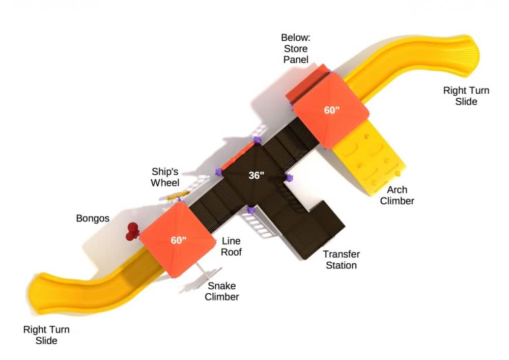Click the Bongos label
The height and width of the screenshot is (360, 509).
click(93, 218)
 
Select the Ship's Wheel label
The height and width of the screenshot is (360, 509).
click(165, 176)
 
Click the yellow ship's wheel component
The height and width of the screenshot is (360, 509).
click(179, 195)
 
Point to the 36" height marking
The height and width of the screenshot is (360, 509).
click(256, 176)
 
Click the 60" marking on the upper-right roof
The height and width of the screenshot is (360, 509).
click(332, 110)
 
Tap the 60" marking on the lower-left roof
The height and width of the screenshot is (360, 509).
click(179, 240)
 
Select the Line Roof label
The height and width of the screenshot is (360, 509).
click(231, 246)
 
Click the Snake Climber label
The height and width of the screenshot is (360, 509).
click(222, 291)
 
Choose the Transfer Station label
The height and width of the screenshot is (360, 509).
click(341, 260)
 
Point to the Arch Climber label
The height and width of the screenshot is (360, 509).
click(397, 195)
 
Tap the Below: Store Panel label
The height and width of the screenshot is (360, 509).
click(295, 49)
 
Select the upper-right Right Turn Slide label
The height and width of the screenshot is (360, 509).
click(466, 96)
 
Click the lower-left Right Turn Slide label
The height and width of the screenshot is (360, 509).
click(46, 335)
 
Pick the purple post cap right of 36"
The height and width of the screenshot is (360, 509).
click(289, 177)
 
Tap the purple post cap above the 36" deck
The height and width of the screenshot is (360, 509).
click(257, 140)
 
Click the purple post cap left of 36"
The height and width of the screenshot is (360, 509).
click(219, 173)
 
